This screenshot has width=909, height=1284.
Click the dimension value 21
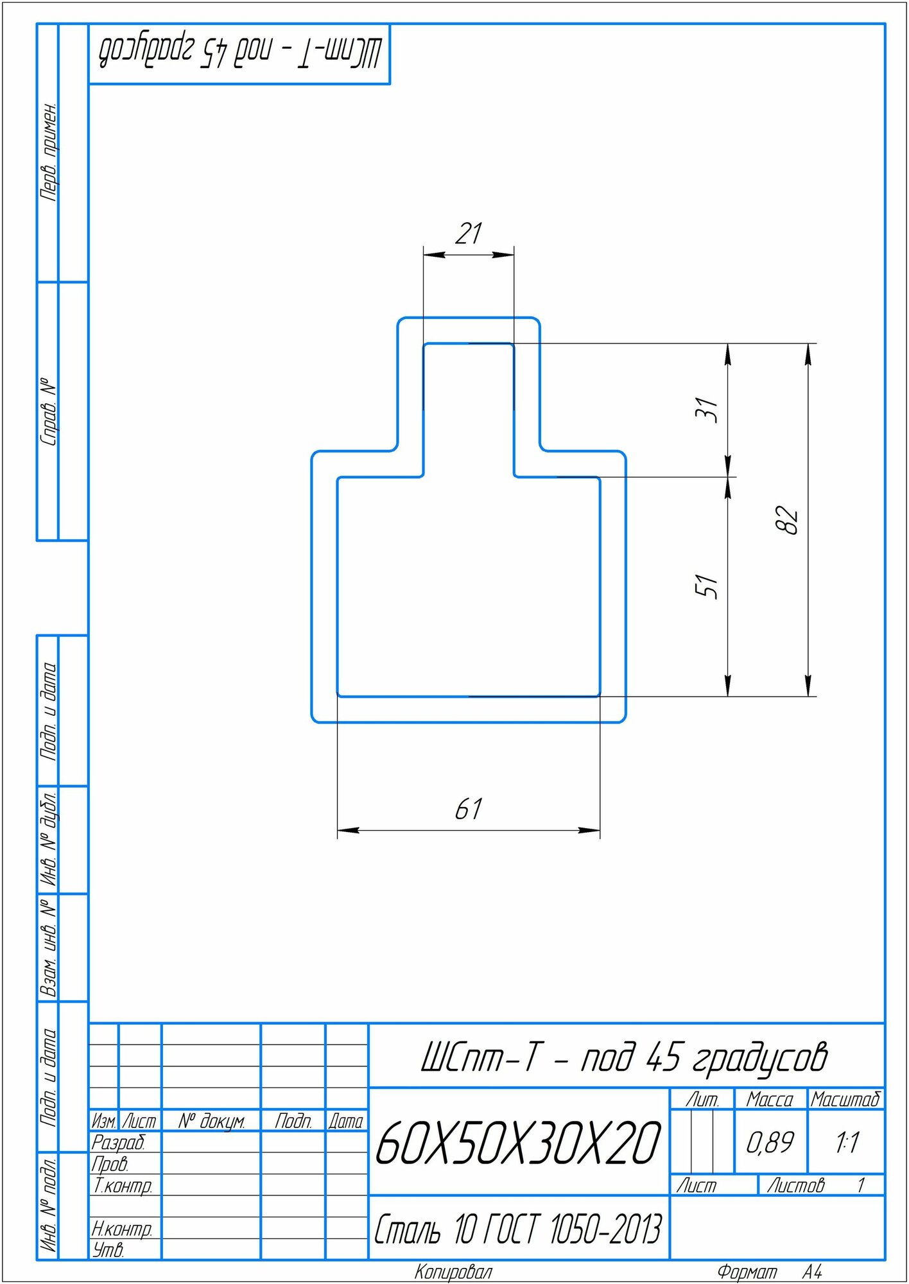(x=469, y=234)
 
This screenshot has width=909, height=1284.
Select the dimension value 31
(x=707, y=409)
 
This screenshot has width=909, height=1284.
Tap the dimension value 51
(x=707, y=586)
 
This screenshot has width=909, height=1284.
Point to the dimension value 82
(x=787, y=519)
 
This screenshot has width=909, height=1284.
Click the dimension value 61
(x=469, y=809)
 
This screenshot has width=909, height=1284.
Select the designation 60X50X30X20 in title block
(x=518, y=1143)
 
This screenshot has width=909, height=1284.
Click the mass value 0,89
(x=770, y=1142)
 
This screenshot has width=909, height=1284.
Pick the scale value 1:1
(x=847, y=1142)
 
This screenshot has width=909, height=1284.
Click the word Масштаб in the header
(x=845, y=1100)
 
